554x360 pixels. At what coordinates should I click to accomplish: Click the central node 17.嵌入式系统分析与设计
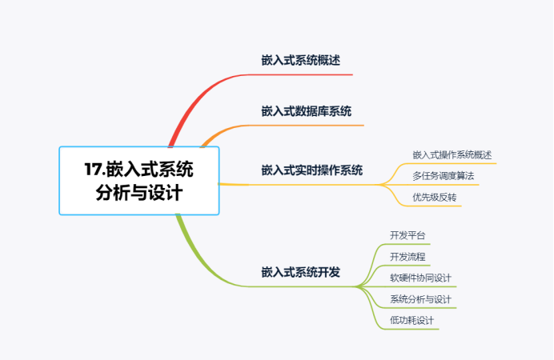[x=138, y=181]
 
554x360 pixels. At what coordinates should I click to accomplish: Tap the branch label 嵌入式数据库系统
[x=306, y=111]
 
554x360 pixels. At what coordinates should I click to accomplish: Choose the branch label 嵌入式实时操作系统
[x=311, y=170]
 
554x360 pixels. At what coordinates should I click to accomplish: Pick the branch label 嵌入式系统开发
[x=300, y=272]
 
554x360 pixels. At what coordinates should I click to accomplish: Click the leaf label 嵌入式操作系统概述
[x=452, y=154]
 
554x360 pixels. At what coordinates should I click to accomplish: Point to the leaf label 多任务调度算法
[x=443, y=175]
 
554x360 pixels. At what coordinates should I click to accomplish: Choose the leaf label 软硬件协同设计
[x=420, y=278]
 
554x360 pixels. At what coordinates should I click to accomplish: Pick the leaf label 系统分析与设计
[x=420, y=299]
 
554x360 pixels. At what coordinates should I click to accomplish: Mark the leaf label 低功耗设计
[x=411, y=320]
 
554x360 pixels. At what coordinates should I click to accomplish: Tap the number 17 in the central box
[x=94, y=170]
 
